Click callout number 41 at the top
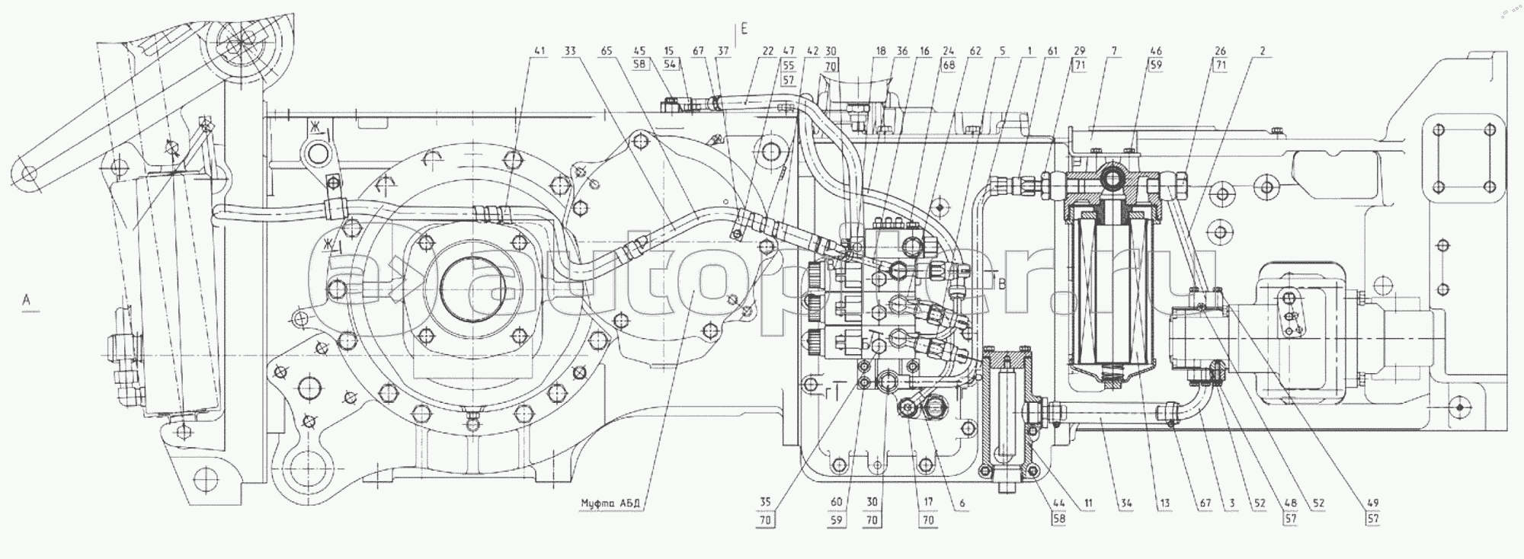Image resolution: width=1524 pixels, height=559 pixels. point(540,52)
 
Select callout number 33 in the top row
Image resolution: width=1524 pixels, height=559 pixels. point(571,52)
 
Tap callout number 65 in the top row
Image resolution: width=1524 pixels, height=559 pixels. point(607,52)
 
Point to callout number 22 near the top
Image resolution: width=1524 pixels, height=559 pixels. point(768,52)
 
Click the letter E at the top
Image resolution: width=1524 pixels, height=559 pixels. point(744,30)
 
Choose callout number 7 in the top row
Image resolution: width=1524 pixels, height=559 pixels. point(1114,52)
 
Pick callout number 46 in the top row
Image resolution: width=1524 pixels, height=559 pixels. point(1155,52)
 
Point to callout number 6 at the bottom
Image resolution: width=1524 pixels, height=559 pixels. point(962,503)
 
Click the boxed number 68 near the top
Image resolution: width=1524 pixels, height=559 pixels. point(948,65)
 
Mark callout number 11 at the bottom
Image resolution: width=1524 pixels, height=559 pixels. point(1088,503)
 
